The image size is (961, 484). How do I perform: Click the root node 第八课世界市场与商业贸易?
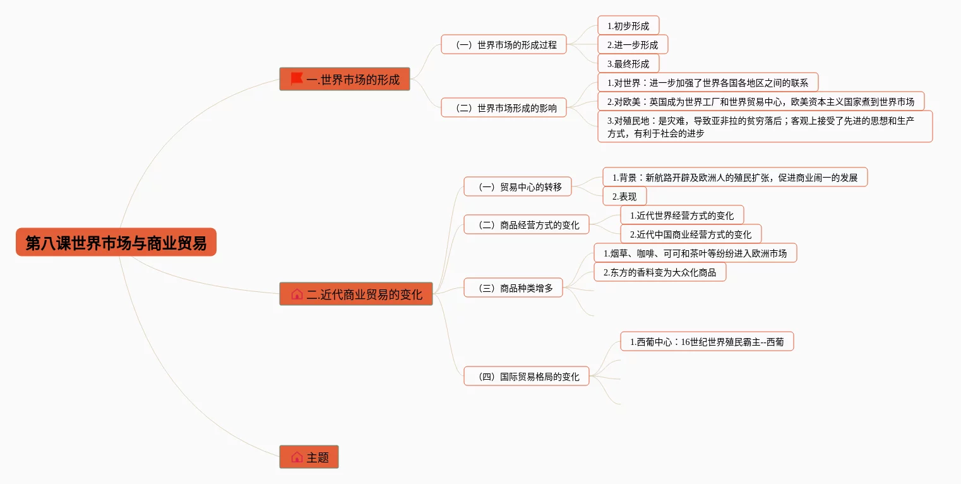click(116, 243)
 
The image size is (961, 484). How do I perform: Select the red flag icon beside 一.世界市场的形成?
click(296, 79)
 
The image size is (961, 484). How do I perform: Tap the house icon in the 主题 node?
click(297, 457)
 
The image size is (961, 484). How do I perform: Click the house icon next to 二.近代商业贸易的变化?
click(297, 294)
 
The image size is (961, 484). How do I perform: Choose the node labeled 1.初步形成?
click(628, 26)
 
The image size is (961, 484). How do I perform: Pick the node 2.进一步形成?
click(632, 45)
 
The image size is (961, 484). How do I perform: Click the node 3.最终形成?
click(628, 64)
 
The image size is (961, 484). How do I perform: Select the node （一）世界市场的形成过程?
click(503, 45)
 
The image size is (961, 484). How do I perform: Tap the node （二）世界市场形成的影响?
click(503, 107)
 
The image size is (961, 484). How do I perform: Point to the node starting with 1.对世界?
click(707, 83)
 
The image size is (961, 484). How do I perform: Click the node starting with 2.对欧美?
click(760, 101)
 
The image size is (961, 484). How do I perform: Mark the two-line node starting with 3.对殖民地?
click(764, 126)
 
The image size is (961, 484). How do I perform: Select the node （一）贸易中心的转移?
click(517, 187)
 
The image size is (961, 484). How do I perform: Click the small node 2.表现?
click(624, 197)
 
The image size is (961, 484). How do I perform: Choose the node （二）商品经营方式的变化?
click(526, 225)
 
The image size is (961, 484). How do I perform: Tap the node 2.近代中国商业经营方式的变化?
click(690, 234)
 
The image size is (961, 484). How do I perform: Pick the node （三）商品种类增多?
click(513, 288)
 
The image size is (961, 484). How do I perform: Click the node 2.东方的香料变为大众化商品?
click(659, 272)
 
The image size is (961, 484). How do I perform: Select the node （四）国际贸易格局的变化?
click(526, 377)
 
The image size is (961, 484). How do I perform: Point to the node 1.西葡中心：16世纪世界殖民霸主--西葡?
click(707, 342)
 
